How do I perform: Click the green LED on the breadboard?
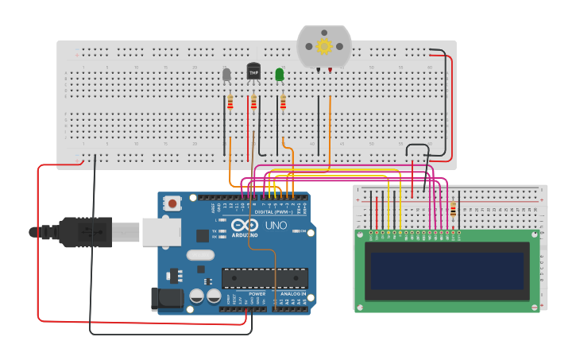(x=280, y=75)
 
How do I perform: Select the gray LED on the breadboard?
(x=226, y=75)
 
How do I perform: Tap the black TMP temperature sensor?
(x=253, y=72)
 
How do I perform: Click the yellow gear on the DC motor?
(x=324, y=46)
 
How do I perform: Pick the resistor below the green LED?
(x=283, y=103)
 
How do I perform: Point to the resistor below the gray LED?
(x=230, y=103)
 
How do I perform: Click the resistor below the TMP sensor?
(x=254, y=103)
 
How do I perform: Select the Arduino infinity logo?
(x=247, y=226)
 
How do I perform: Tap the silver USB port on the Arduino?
(x=161, y=232)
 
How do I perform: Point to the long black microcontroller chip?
(x=264, y=277)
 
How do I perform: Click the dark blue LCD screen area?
(x=447, y=271)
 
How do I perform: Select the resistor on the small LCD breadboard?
(x=454, y=211)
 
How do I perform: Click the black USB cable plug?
(x=83, y=231)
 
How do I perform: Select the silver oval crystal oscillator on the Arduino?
(x=201, y=256)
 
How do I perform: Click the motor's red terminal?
(x=330, y=70)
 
